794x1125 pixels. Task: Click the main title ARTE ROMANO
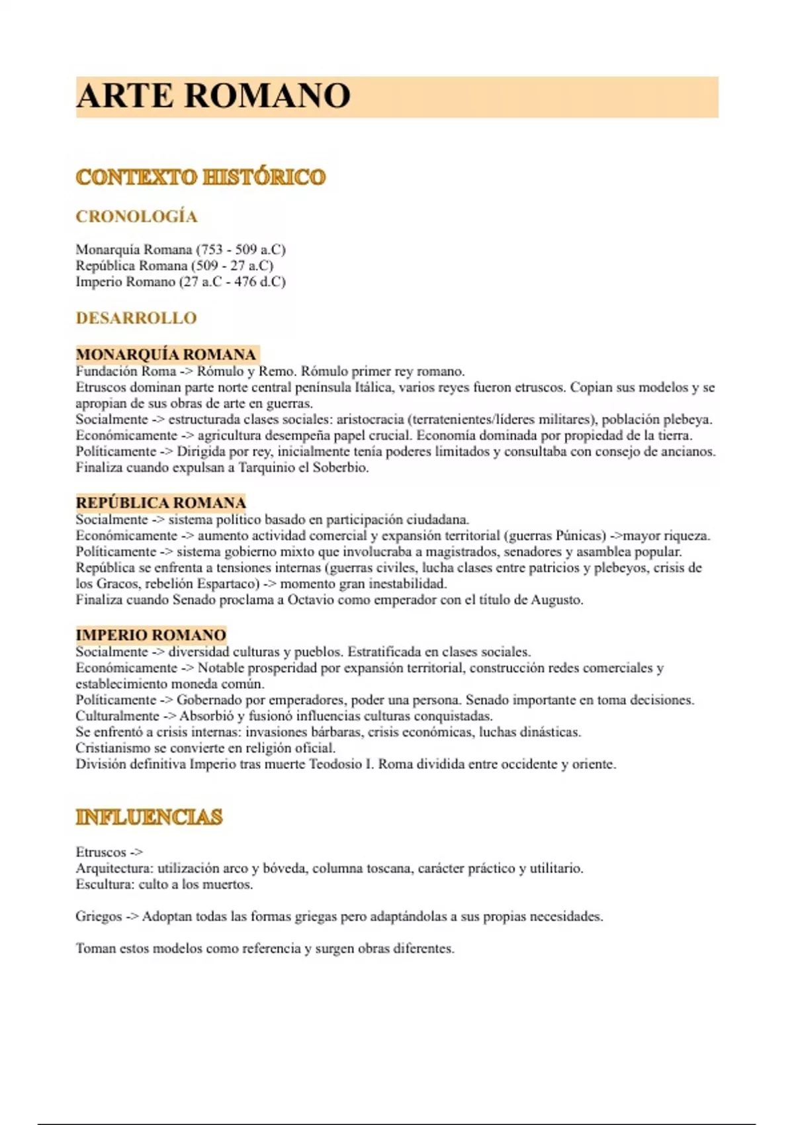[x=213, y=96]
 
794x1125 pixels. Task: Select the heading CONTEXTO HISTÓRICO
[x=200, y=177]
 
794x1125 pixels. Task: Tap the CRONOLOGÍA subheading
[x=136, y=216]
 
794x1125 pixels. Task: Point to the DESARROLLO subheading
[x=136, y=318]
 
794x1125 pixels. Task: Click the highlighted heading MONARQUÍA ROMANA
[x=165, y=354]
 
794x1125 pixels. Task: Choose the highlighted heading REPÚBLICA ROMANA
[x=161, y=502]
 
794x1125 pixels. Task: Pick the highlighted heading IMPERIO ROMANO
[x=151, y=635]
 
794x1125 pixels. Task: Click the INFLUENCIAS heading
[x=149, y=817]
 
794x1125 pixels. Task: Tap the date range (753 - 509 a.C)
[x=241, y=249]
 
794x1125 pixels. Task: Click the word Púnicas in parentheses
[x=580, y=535]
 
